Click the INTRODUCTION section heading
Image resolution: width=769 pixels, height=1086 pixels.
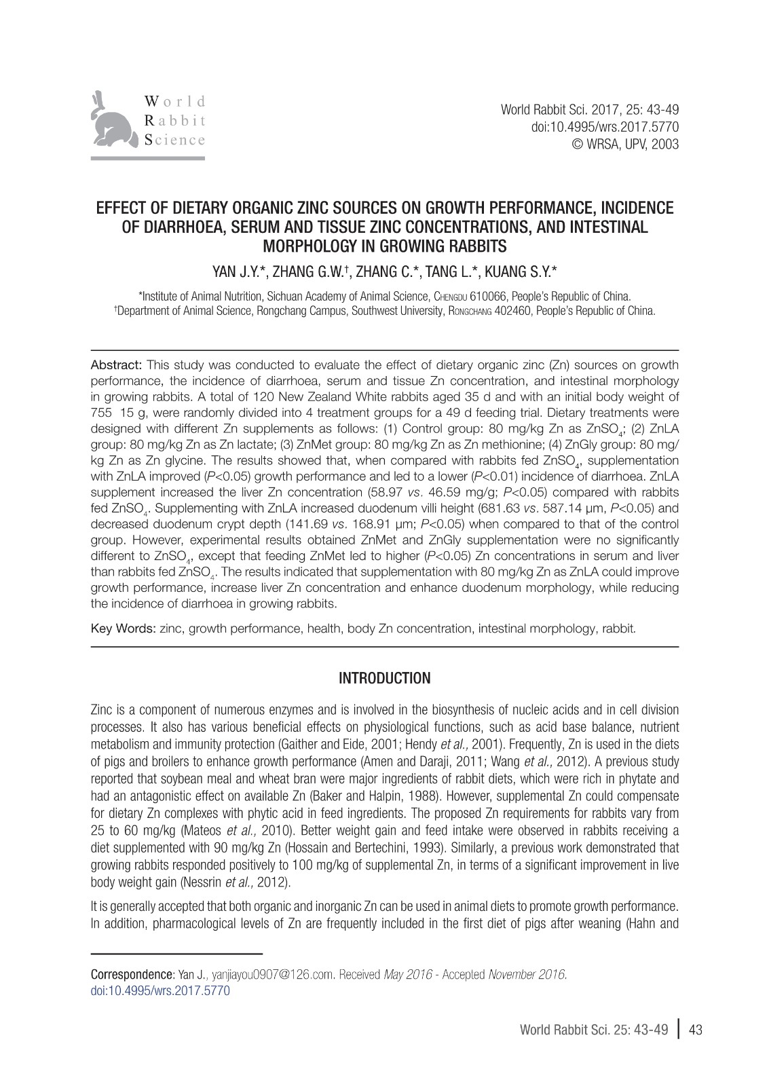tap(384, 678)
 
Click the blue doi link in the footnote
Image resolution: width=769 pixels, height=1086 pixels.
tap(160, 990)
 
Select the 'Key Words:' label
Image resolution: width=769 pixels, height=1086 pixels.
tap(124, 629)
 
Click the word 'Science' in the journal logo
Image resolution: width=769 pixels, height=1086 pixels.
tap(174, 140)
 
